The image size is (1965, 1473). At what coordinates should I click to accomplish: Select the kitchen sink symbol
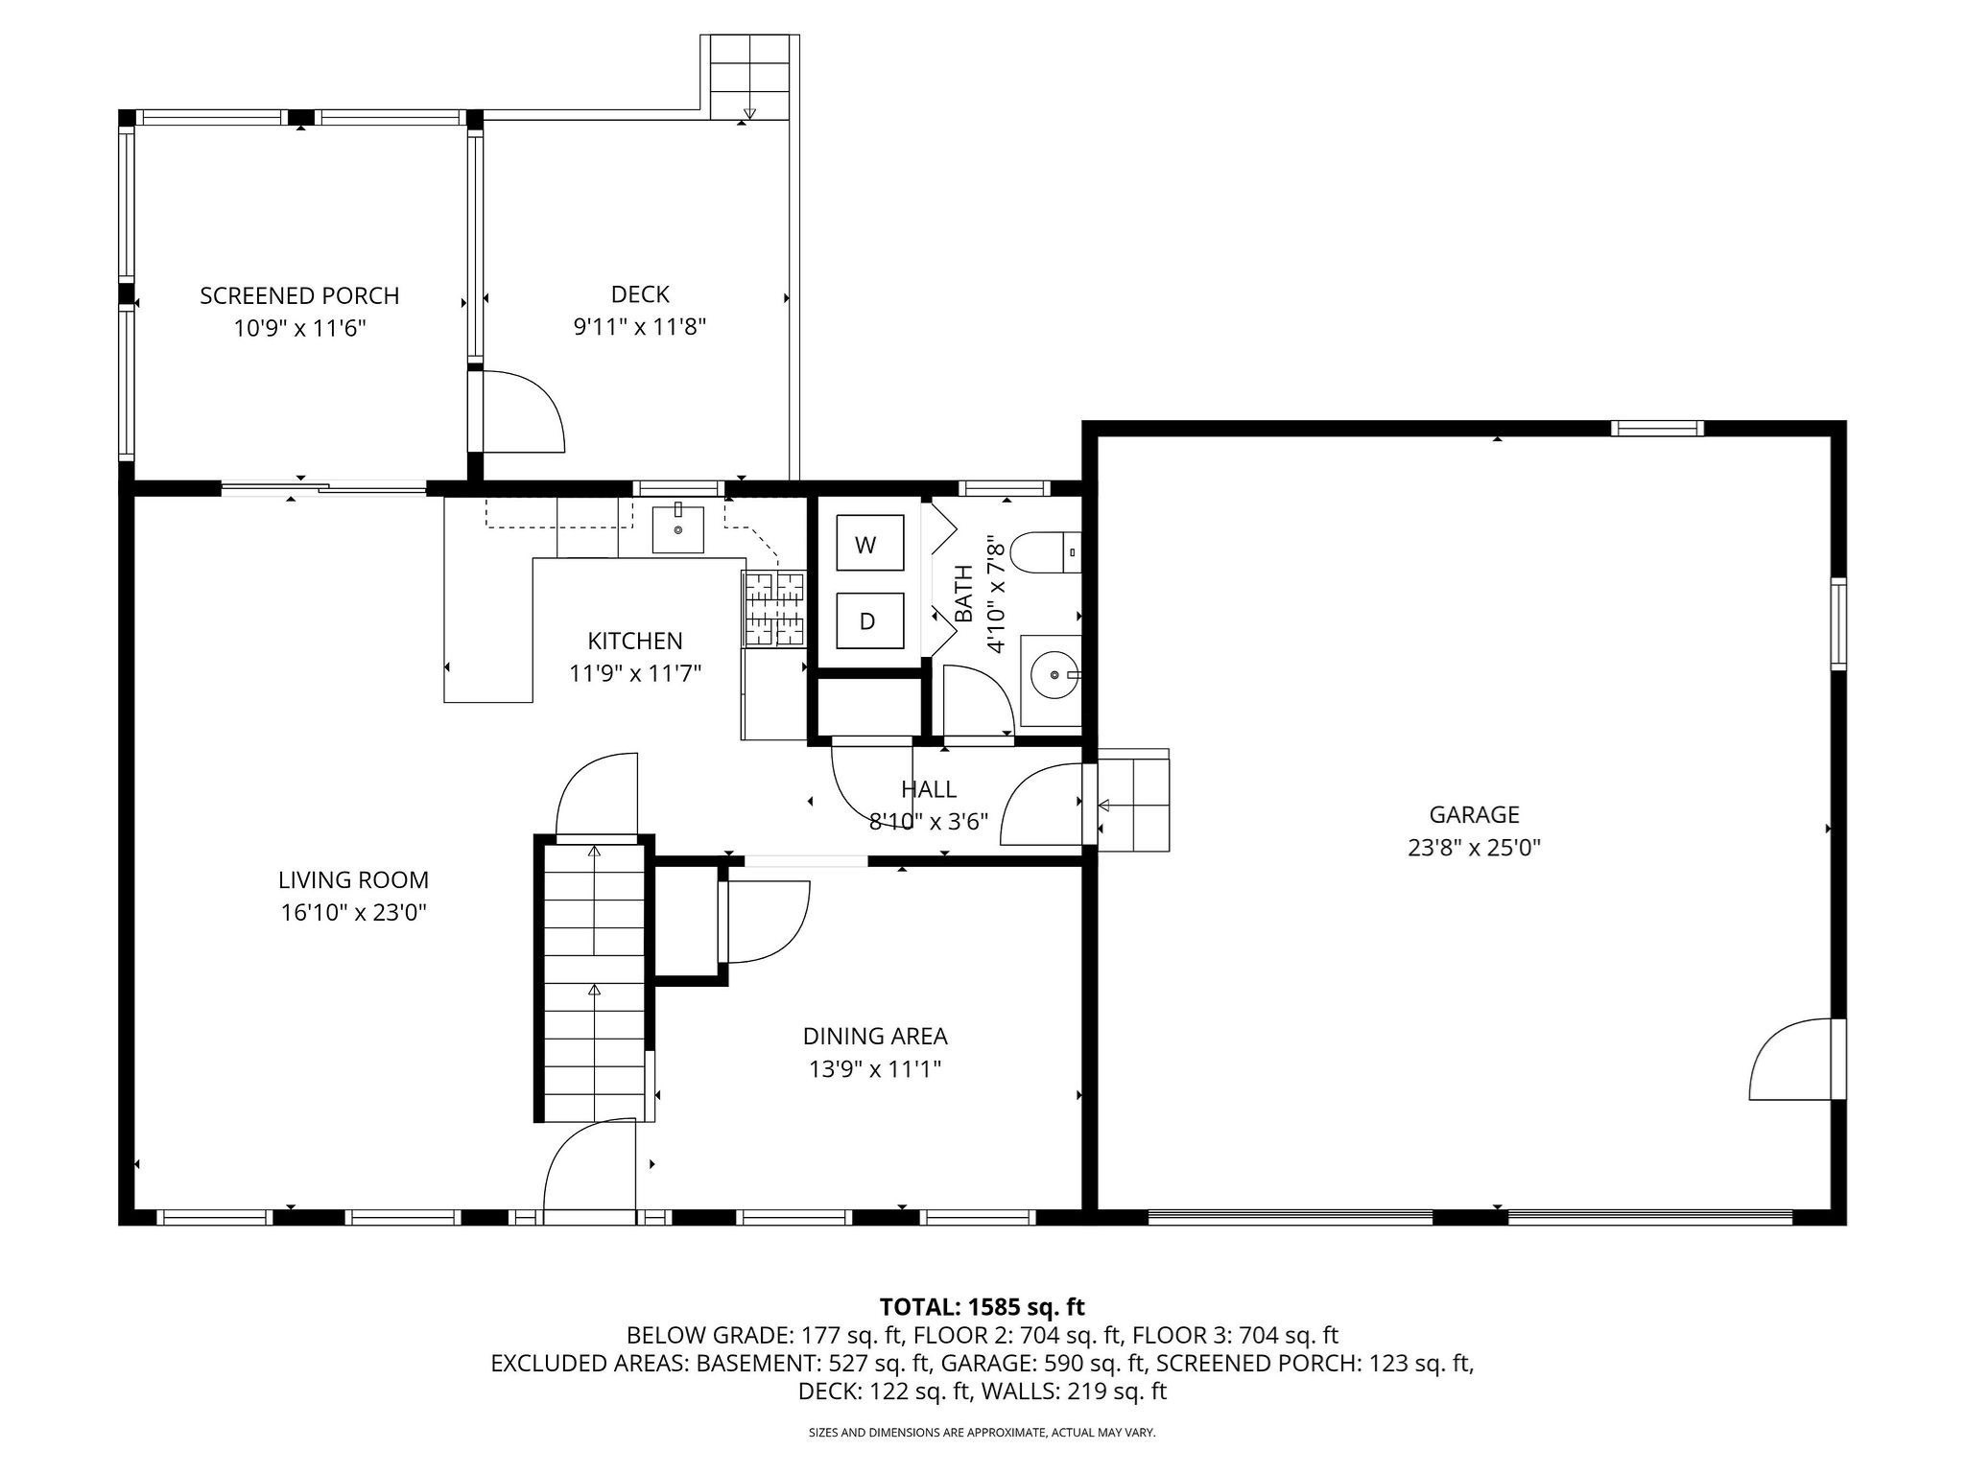click(677, 529)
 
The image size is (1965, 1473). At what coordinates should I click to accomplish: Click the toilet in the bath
click(1045, 551)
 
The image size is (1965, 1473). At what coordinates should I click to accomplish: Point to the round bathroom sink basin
click(1053, 675)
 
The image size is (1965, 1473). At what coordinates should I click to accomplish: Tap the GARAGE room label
click(1474, 814)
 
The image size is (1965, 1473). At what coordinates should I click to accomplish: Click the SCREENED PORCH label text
click(299, 295)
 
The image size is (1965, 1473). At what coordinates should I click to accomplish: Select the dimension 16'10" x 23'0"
click(353, 912)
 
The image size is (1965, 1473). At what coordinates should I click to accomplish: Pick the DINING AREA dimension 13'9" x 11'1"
click(874, 1068)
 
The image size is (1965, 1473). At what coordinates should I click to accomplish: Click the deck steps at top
click(749, 77)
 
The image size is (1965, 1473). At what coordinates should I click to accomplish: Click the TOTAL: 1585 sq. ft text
click(982, 1306)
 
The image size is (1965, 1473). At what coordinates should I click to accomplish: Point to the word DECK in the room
click(640, 294)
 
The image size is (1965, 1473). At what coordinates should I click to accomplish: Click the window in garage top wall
click(1657, 429)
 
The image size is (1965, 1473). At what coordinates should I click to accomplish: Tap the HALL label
click(928, 788)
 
